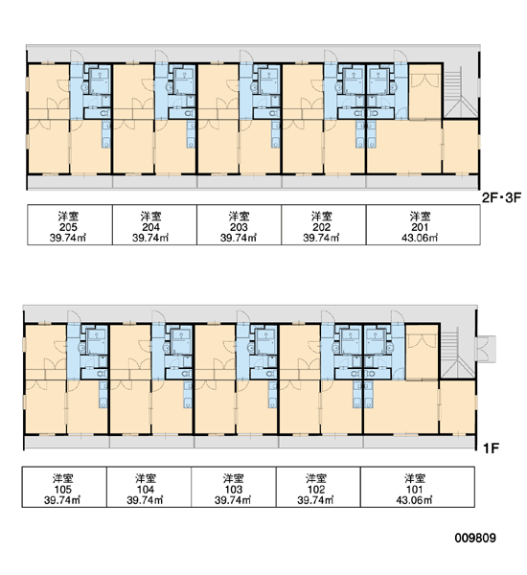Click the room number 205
coord(68,227)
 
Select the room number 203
coord(239,227)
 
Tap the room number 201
coord(420,227)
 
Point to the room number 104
coord(146,489)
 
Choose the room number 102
coord(316,489)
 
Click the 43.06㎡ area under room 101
coord(414,500)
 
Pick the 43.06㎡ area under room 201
coord(420,238)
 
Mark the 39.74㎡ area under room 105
coord(62,500)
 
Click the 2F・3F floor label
coord(501,198)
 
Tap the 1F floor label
coord(491,448)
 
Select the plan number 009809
coord(475,538)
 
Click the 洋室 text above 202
coord(322,216)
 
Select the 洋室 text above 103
coord(233,478)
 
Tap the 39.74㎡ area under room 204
coord(150,238)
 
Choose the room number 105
coord(62,489)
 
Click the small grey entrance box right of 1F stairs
coord(486,349)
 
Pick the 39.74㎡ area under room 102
coord(316,500)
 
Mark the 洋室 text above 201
coord(420,216)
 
